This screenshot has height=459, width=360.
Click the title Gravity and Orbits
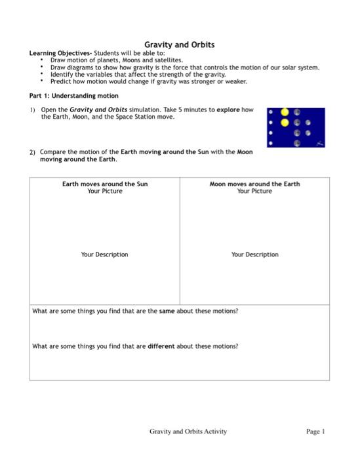179,45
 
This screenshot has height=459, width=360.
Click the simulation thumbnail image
296,128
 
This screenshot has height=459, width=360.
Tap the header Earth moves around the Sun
105,184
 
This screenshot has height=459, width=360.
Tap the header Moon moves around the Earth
254,184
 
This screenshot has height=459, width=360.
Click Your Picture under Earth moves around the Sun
105,191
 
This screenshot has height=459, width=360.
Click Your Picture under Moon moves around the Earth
254,191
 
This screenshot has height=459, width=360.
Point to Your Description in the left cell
105,254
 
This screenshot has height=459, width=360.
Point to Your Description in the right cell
254,254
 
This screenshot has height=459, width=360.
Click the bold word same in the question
167,311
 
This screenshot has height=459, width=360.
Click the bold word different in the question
161,346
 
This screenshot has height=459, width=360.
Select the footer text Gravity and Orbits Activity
188,431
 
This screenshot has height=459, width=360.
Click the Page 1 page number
315,431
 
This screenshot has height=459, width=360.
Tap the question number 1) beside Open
32,110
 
